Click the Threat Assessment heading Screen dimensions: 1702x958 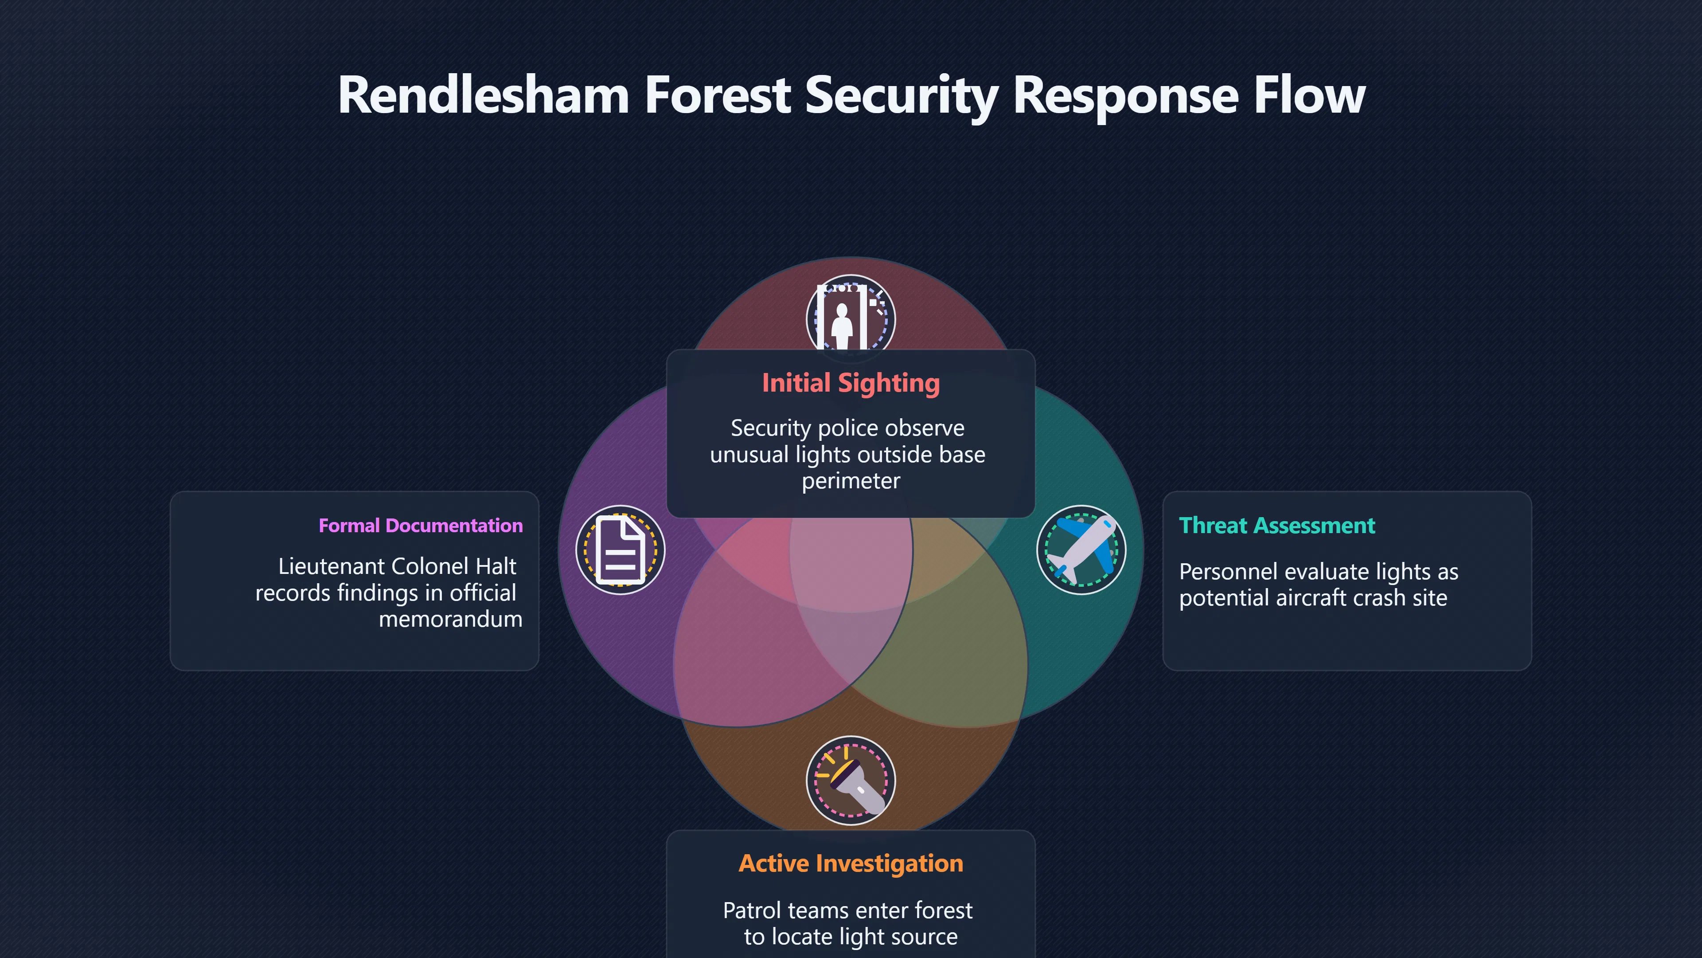tap(1276, 526)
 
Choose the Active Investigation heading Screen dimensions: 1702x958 tap(851, 864)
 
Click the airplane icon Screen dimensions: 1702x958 tap(1081, 550)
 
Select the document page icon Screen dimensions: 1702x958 tap(621, 550)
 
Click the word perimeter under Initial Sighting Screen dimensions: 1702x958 tap(851, 481)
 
